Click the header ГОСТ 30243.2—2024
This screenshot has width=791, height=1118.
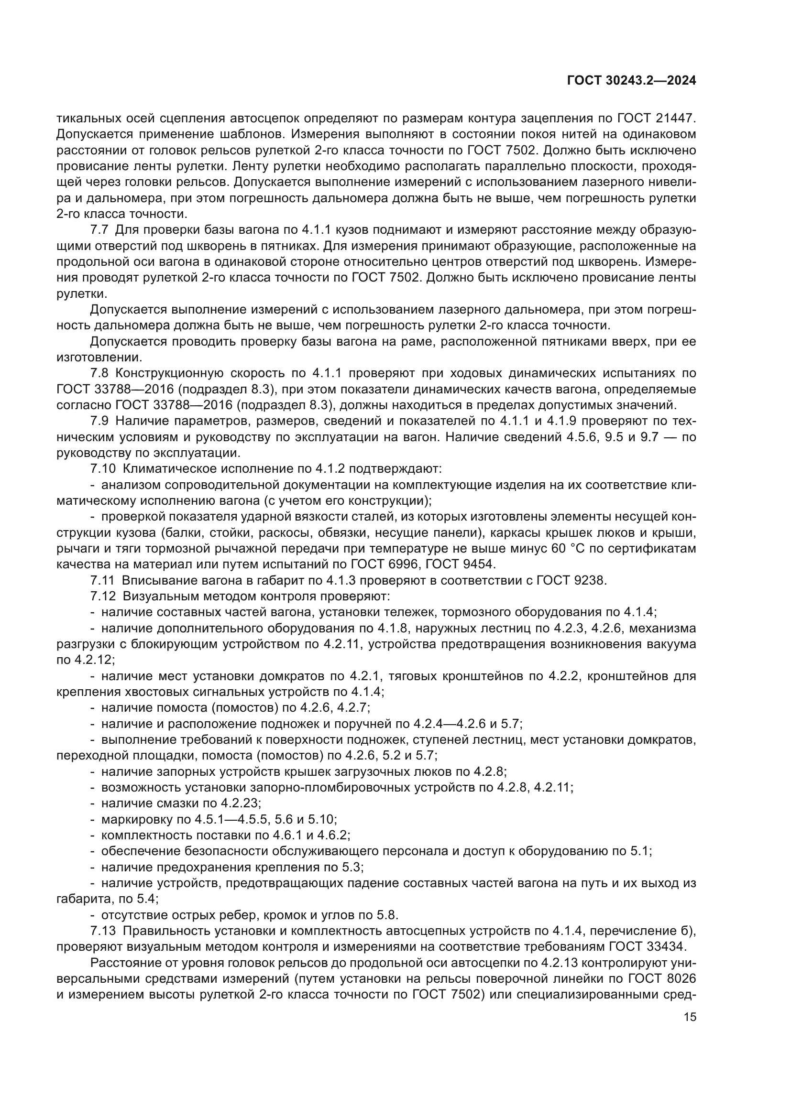632,81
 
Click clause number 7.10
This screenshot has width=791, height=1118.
103,469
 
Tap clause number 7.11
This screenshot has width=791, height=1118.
102,580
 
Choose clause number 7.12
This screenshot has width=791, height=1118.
103,597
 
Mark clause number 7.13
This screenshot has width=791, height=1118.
103,931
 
